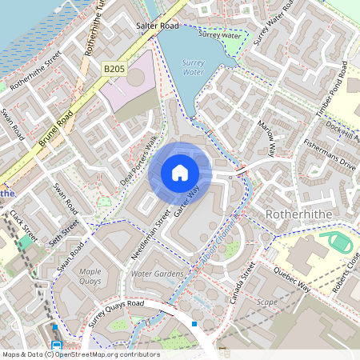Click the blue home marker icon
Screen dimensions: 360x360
click(180, 173)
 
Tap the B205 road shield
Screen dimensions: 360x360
click(114, 70)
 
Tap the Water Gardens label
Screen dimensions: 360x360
click(157, 274)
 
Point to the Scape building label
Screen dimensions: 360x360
click(266, 302)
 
